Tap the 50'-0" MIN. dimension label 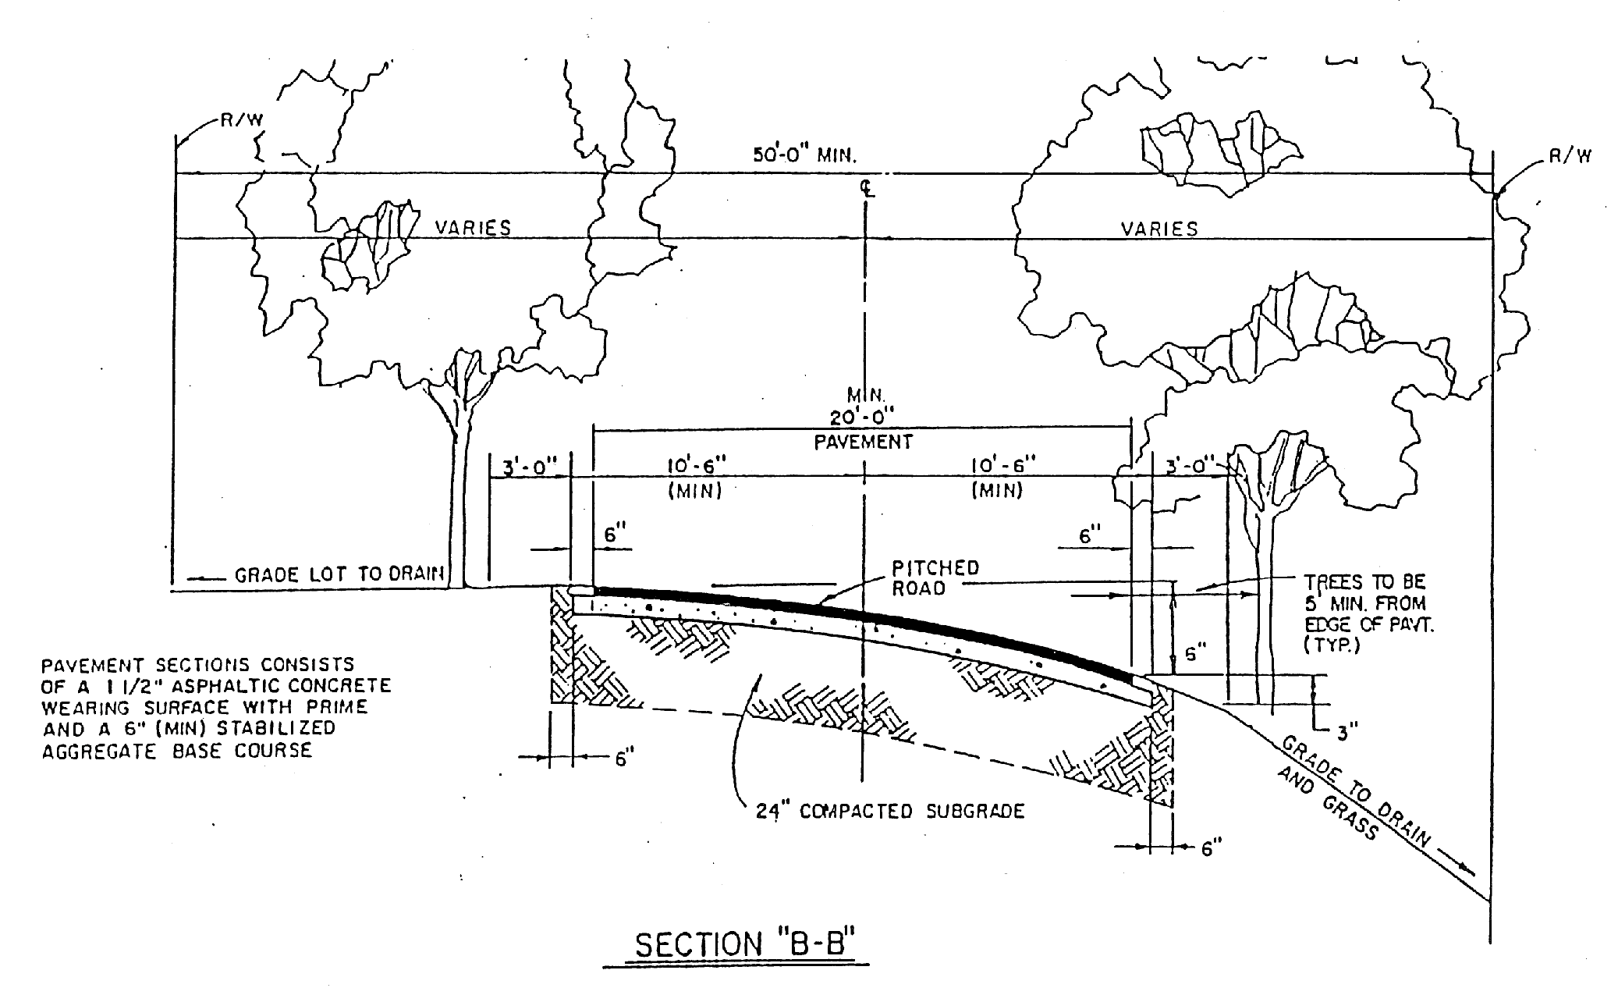click(x=804, y=155)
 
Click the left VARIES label click(x=473, y=228)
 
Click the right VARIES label click(x=1159, y=229)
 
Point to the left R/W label click(x=239, y=119)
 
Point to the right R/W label click(x=1569, y=156)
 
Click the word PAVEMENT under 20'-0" click(x=863, y=442)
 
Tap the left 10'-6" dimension click(x=696, y=465)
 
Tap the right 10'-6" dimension click(x=1002, y=465)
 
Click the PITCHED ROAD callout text click(x=935, y=577)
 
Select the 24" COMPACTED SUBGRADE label click(x=889, y=812)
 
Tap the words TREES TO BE click(x=1364, y=582)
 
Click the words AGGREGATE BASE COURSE click(x=176, y=751)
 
